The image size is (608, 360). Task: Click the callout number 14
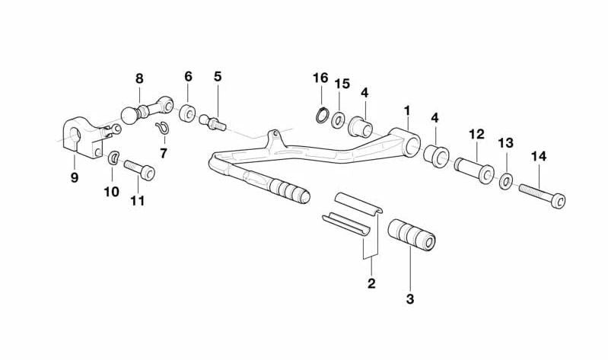(x=539, y=157)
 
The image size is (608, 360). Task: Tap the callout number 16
(x=320, y=78)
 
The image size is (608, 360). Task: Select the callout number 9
(x=75, y=177)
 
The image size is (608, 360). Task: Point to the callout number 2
(x=371, y=283)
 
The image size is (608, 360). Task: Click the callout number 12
(x=476, y=135)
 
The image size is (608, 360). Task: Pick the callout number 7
(x=164, y=153)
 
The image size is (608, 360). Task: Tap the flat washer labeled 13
(x=505, y=181)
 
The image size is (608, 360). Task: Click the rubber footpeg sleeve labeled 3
(x=411, y=235)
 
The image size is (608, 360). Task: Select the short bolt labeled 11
(x=139, y=170)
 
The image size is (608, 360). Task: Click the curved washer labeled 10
(x=113, y=158)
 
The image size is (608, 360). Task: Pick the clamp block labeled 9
(x=83, y=138)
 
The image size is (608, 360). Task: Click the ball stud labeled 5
(x=212, y=122)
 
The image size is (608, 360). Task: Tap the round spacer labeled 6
(x=188, y=113)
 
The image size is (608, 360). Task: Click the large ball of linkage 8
(x=129, y=115)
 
